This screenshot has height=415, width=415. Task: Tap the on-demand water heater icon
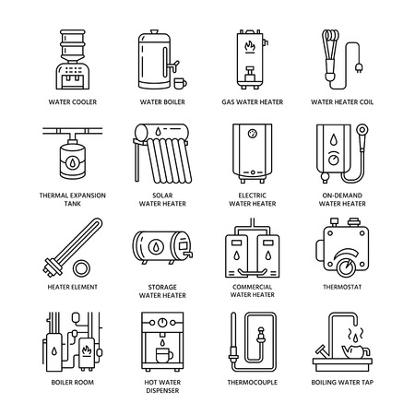pyautogui.click(x=341, y=148)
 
